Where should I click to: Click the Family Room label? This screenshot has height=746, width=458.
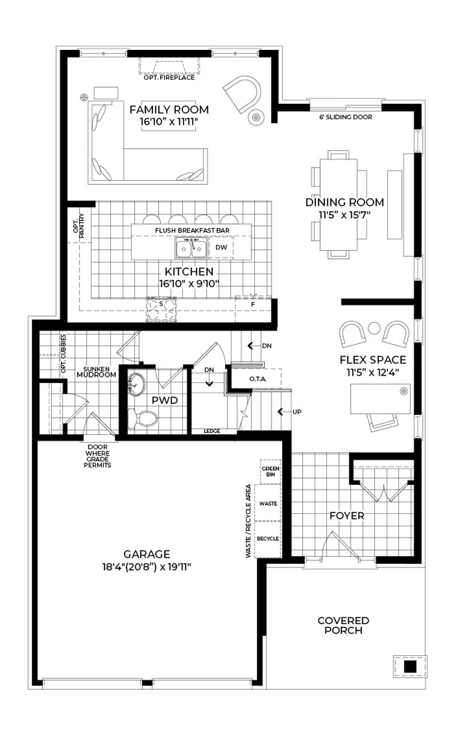click(169, 109)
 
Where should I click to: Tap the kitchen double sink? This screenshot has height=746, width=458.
click(191, 249)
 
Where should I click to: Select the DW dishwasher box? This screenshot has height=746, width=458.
click(221, 247)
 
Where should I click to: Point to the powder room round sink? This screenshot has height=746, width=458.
click(136, 384)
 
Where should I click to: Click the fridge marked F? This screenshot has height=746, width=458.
click(253, 309)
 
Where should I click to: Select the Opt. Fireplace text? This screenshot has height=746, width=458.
click(169, 77)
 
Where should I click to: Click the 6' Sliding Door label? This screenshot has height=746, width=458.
click(346, 117)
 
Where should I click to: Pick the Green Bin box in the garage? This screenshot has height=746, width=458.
click(270, 472)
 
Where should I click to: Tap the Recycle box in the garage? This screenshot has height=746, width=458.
click(267, 539)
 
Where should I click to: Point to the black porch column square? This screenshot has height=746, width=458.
click(410, 666)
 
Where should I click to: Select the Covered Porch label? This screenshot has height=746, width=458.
click(343, 625)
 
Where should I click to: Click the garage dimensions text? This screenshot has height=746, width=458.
click(147, 567)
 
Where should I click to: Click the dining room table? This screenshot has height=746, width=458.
click(339, 204)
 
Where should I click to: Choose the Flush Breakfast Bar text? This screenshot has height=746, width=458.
click(193, 230)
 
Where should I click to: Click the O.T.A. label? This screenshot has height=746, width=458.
click(258, 379)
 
